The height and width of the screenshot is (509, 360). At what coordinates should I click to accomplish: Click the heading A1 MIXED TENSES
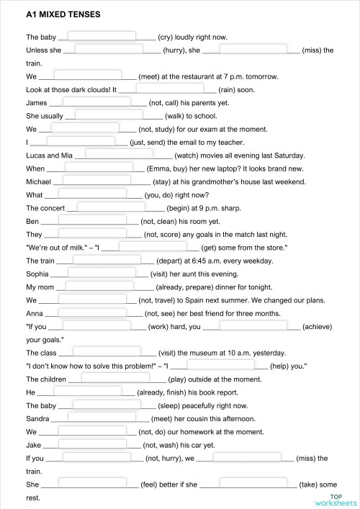53,14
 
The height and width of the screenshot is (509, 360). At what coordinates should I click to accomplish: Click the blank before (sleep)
108,405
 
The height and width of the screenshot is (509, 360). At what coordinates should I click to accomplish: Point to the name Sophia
37,274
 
